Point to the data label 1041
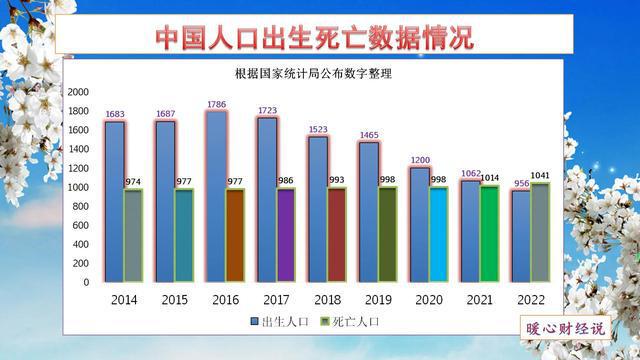coord(541,176)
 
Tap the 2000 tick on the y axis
coord(78,92)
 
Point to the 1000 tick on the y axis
coord(78,187)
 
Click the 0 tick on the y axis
coord(86,282)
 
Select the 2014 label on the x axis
coord(125,299)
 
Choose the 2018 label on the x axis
coord(328,299)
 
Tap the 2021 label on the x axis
coord(480,299)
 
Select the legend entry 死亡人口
coord(349,322)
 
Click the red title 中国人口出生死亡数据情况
coord(314,37)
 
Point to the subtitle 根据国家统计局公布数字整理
coord(313,74)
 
